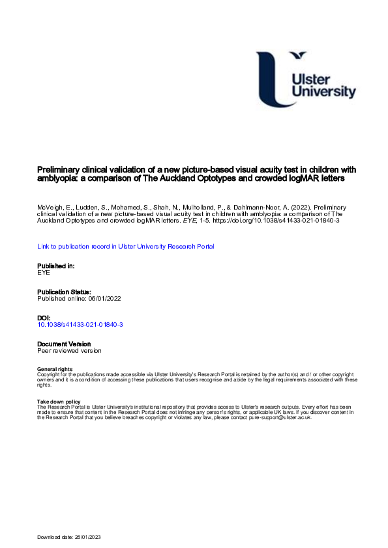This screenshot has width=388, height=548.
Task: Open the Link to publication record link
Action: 125,246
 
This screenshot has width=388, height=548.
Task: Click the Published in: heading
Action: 56,266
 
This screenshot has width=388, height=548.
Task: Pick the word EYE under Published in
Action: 44,273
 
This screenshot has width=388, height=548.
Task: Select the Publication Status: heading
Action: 64,292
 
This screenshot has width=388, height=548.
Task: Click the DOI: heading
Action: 44,318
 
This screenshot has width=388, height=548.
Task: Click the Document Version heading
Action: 64,344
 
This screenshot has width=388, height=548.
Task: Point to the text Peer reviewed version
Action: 69,350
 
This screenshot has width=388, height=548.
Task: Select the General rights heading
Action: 55,370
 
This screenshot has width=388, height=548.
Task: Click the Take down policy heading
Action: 59,402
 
